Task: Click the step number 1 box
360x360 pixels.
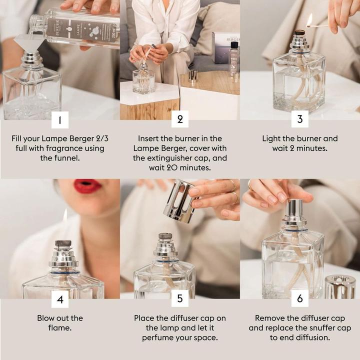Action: point(60,120)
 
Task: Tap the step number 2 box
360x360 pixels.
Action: point(180,120)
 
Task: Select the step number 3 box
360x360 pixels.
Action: point(300,120)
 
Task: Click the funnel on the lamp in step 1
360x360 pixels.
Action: point(30,43)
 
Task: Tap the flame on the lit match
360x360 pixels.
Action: point(309,19)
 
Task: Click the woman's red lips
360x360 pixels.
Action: point(87,186)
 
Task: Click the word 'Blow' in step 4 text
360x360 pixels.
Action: point(47,318)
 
